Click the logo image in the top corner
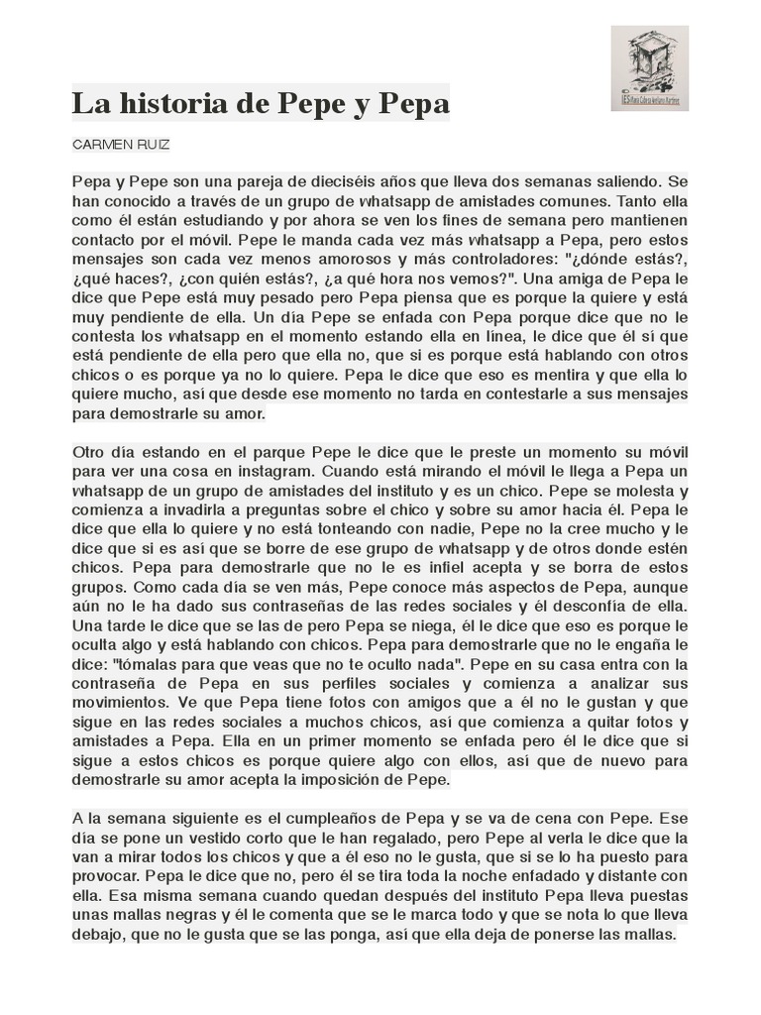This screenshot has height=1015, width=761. tap(649, 68)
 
